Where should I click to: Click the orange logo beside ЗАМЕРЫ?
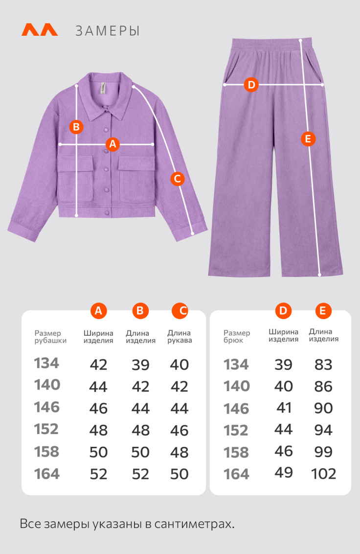(x=40, y=30)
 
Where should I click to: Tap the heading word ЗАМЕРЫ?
(x=108, y=31)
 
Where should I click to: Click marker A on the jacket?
(x=112, y=144)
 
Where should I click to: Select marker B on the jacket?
(x=76, y=126)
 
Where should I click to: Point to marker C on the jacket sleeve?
(x=178, y=179)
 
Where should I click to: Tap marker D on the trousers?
(x=251, y=85)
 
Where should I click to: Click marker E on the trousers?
(x=308, y=139)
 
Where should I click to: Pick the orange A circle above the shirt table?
(x=99, y=311)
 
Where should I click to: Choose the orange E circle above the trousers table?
(x=323, y=311)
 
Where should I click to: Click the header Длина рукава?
(x=180, y=336)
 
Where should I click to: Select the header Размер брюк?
(x=237, y=336)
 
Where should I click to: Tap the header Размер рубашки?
(x=50, y=337)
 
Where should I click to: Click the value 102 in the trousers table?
(x=323, y=473)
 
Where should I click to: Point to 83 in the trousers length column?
(x=323, y=365)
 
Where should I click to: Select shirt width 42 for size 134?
(x=98, y=365)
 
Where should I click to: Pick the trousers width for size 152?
(x=283, y=430)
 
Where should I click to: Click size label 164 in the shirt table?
(x=47, y=474)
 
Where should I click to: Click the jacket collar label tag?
(x=103, y=88)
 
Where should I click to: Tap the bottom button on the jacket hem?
(x=107, y=212)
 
